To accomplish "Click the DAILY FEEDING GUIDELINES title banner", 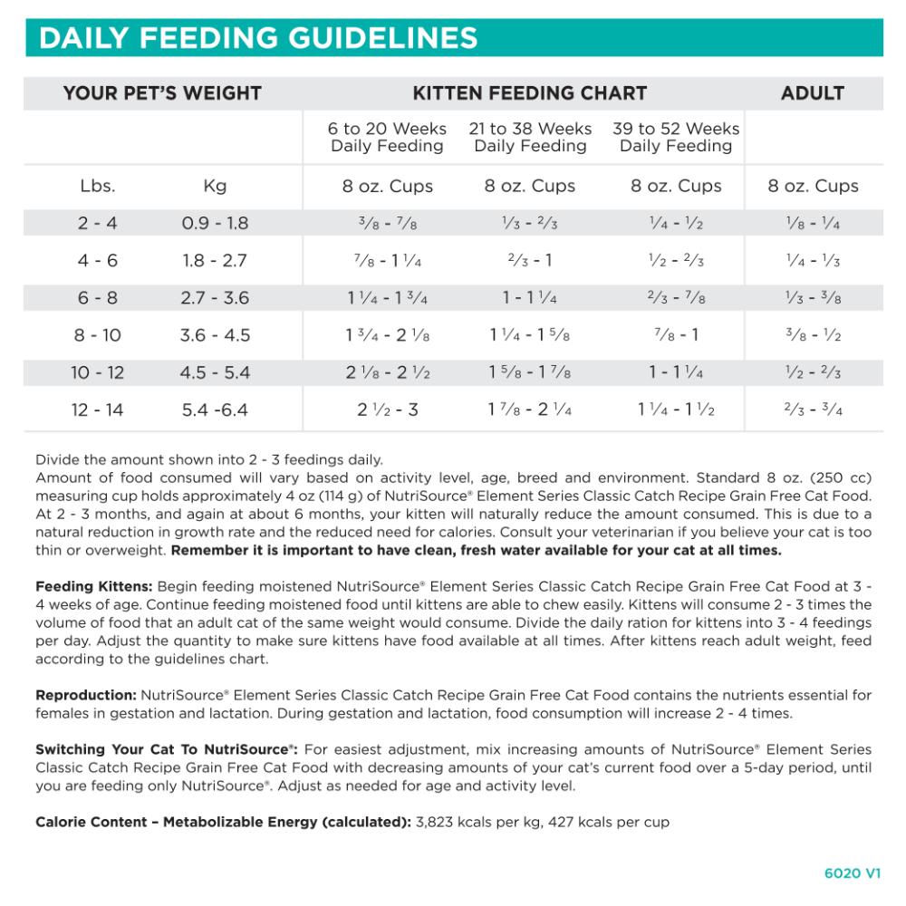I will pyautogui.click(x=258, y=38).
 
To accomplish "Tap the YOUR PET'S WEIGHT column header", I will pyautogui.click(x=162, y=93).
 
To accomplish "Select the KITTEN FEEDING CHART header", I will pyautogui.click(x=530, y=93).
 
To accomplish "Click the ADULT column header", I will pyautogui.click(x=813, y=93).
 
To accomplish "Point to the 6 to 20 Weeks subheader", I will pyautogui.click(x=387, y=137).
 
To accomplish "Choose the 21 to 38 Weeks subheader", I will pyautogui.click(x=530, y=137).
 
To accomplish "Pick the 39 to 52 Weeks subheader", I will pyautogui.click(x=676, y=137).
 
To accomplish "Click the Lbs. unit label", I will pyautogui.click(x=98, y=187).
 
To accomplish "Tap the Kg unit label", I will pyautogui.click(x=215, y=187).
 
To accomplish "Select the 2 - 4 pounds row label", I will pyautogui.click(x=98, y=223).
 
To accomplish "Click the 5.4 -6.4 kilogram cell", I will pyautogui.click(x=215, y=410).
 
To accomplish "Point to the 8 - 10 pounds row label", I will pyautogui.click(x=98, y=335).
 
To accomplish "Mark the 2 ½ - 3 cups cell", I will pyautogui.click(x=387, y=410).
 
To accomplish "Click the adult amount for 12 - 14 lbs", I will pyautogui.click(x=813, y=410).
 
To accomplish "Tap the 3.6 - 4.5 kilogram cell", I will pyautogui.click(x=215, y=335).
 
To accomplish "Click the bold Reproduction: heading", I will pyautogui.click(x=86, y=696).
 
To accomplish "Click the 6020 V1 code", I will pyautogui.click(x=853, y=874).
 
